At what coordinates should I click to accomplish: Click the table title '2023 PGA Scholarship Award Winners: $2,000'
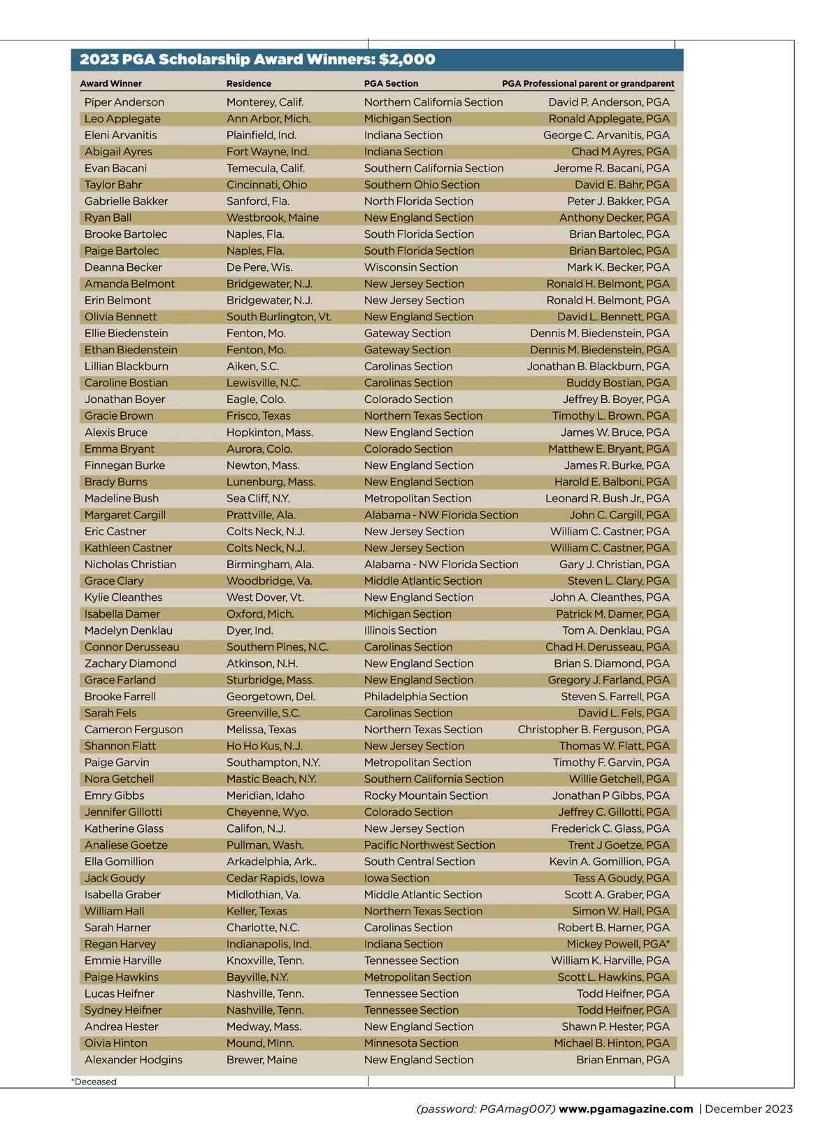pos(257,59)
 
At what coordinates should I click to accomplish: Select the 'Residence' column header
pos(248,83)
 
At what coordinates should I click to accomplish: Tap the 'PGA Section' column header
pos(391,83)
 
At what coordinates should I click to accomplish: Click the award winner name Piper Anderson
pos(124,102)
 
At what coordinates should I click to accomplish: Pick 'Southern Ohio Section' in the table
pos(422,185)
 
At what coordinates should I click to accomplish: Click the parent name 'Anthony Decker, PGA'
pos(614,218)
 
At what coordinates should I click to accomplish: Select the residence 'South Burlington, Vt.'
pos(279,317)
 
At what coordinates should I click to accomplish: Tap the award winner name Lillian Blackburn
pos(127,367)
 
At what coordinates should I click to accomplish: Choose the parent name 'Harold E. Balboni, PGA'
pos(612,482)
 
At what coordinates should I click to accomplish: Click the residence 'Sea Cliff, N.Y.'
pos(258,498)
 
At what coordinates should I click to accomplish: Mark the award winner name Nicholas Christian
pos(130,565)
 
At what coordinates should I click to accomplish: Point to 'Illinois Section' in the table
pos(400,630)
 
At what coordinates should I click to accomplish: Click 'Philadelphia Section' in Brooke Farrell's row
pos(416,697)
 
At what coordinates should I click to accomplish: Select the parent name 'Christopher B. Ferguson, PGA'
pos(594,730)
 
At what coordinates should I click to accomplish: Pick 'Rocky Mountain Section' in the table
pos(426,795)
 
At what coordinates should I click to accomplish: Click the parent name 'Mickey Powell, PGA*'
pos(618,944)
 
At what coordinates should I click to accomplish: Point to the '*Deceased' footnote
pos(94,1082)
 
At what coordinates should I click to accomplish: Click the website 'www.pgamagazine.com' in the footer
pos(626,1109)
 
